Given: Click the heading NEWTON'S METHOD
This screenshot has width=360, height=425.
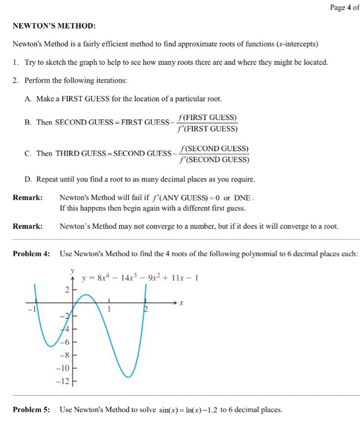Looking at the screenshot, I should coord(54,27).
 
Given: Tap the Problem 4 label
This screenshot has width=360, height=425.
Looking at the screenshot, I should coord(32,253).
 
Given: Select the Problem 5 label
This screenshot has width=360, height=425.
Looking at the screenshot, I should coord(32,409).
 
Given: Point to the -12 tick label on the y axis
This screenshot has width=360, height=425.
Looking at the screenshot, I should coord(64,381).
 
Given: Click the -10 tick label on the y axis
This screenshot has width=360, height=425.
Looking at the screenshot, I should coord(64,369).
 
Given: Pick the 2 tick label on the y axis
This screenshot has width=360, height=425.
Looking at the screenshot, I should coord(67,290).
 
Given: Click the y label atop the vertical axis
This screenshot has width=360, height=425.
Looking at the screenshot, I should coord(72,270).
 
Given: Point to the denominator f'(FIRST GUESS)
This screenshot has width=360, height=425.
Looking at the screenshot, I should coord(207,128).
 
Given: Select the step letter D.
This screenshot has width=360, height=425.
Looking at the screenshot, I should coord(28,180).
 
